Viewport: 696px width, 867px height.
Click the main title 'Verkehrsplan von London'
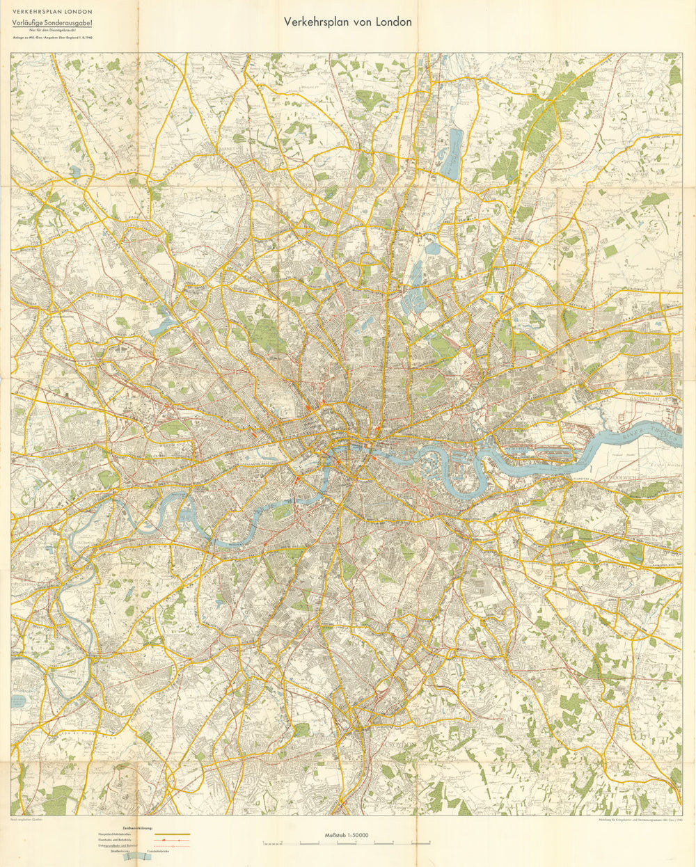pos(347,22)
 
